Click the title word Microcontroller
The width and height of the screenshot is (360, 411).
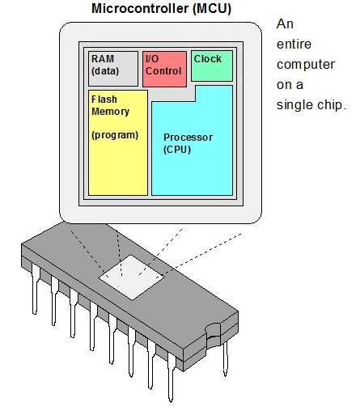pos(140,8)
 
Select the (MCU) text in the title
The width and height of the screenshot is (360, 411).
pos(212,9)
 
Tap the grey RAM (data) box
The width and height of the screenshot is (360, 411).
pos(113,69)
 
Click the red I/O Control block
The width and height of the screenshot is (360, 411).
pos(164,69)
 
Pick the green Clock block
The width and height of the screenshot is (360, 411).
pos(212,66)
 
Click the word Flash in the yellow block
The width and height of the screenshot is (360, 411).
pos(104,100)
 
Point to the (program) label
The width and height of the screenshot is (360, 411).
pos(115,135)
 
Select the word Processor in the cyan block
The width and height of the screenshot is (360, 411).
pos(188,138)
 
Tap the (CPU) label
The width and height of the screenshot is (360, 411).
pos(177,150)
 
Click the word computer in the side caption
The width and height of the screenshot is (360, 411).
pos(306,65)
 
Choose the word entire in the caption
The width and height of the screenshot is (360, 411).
pos(294,44)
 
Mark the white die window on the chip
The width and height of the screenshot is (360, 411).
pos(131,277)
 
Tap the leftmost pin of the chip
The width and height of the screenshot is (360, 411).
pos(35,289)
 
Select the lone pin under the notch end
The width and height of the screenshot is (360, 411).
pos(226,358)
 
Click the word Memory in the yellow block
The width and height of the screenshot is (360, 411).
pos(110,112)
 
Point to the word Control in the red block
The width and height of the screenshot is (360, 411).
pos(163,71)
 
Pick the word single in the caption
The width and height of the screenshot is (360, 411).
pos(295,105)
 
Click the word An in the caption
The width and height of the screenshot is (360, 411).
pos(285,24)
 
